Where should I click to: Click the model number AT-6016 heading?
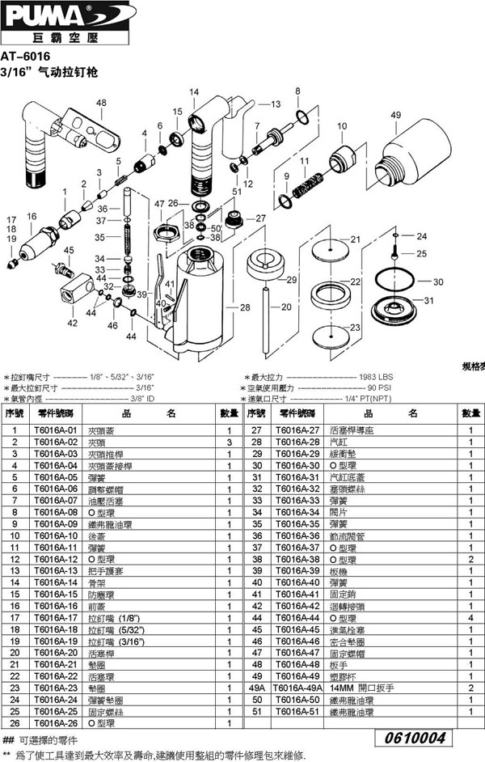tap(26, 57)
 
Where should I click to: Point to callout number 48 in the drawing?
tap(102, 103)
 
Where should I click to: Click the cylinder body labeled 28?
tap(200, 307)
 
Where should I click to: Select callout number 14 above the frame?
tap(193, 93)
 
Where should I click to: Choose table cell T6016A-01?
tap(57, 430)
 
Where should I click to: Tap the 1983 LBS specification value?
tap(376, 377)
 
